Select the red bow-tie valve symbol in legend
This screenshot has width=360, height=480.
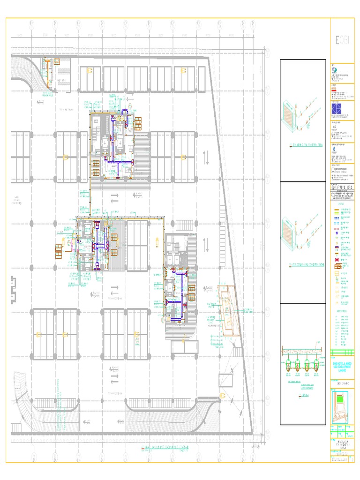tap(337, 260)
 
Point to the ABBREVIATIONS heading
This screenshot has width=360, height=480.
tap(342, 311)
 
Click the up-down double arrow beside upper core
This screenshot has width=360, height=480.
tap(206, 158)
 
